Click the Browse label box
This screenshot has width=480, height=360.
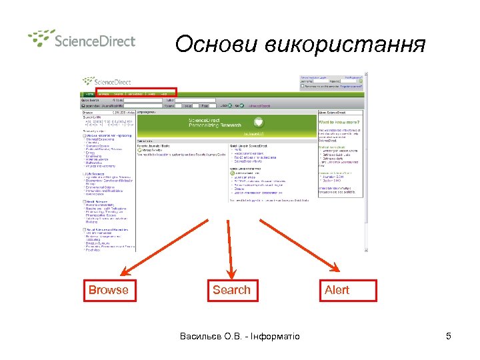click(x=108, y=291)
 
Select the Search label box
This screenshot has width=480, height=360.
click(x=231, y=291)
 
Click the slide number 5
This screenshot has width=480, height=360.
click(x=449, y=336)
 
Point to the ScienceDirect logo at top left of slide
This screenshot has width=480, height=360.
click(x=81, y=39)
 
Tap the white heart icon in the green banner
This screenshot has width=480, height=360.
click(x=259, y=123)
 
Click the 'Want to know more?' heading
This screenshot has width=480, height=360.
click(x=339, y=123)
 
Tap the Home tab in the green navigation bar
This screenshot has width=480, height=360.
click(x=89, y=95)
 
